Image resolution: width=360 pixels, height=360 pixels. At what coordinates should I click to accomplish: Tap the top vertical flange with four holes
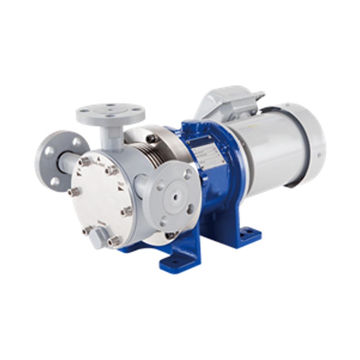click(x=111, y=113)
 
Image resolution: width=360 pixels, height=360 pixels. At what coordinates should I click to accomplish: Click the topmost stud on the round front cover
click(x=85, y=161)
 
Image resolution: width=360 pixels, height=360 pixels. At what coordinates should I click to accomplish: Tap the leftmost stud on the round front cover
click(x=74, y=192)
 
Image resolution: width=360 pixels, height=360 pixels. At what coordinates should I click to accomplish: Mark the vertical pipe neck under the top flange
click(x=111, y=135)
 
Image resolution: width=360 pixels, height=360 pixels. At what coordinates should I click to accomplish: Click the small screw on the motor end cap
click(x=319, y=155)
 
